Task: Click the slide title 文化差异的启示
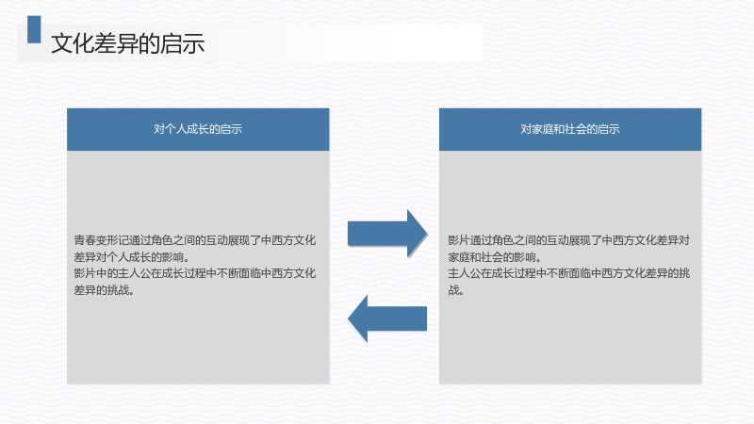[128, 43]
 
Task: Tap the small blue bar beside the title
[34, 29]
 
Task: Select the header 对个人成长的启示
[198, 129]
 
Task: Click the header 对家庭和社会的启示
[570, 129]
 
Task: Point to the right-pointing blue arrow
[387, 234]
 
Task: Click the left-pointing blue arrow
[387, 318]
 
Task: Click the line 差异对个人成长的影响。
[131, 256]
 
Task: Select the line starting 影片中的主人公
[195, 273]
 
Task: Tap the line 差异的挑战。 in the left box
[104, 290]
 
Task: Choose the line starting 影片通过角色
[569, 240]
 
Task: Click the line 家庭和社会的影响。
[494, 256]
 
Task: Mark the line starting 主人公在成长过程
[569, 273]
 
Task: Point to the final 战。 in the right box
[455, 290]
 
